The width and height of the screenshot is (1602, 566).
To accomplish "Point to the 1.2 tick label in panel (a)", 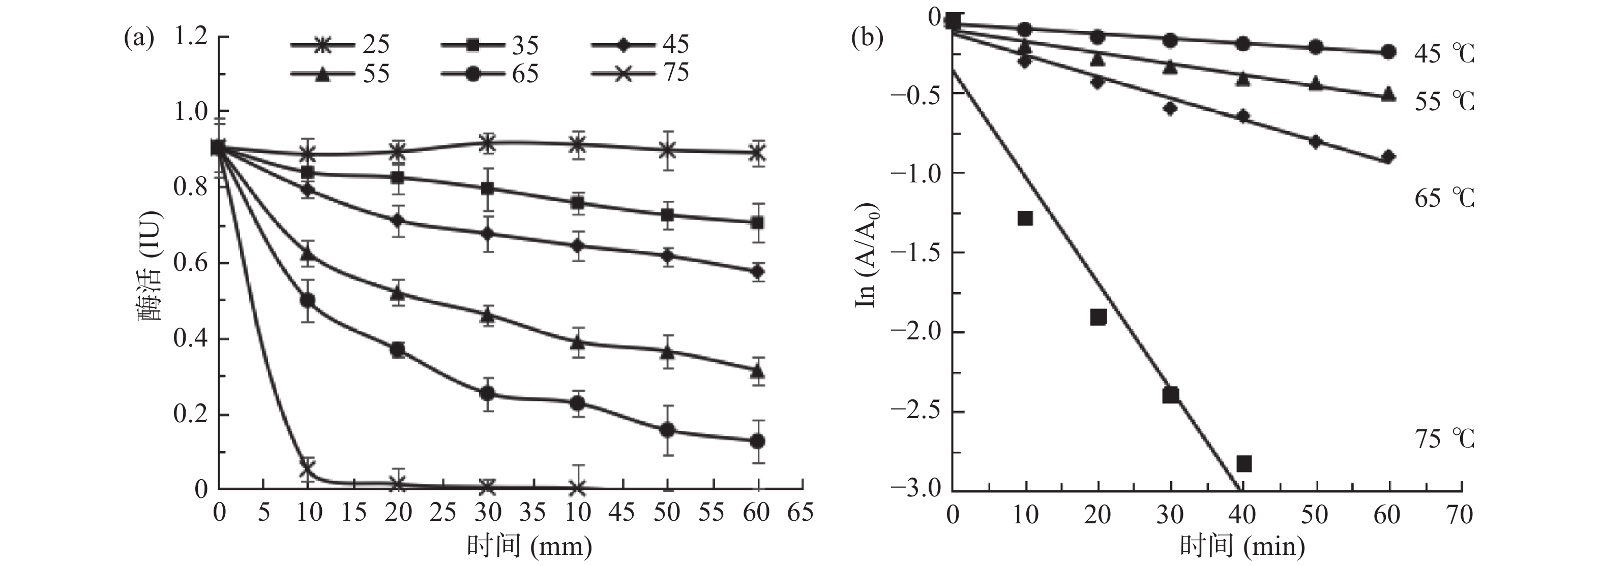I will coord(190,37).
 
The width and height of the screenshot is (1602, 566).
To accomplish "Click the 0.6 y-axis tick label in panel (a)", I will coord(190,263).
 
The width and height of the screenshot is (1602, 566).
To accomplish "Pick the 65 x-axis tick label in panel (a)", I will coord(800,513).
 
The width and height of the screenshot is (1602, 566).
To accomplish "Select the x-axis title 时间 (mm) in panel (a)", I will coord(529,546).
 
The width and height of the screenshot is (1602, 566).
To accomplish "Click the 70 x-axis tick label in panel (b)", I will coord(1459,515).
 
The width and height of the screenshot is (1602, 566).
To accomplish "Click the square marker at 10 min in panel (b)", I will coord(1025,218).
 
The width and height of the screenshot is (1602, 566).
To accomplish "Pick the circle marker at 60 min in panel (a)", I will coord(757,441).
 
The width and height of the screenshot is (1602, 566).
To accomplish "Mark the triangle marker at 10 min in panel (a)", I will coord(307,254).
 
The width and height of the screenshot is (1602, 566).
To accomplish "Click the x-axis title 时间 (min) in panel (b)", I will coord(1242,546).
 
